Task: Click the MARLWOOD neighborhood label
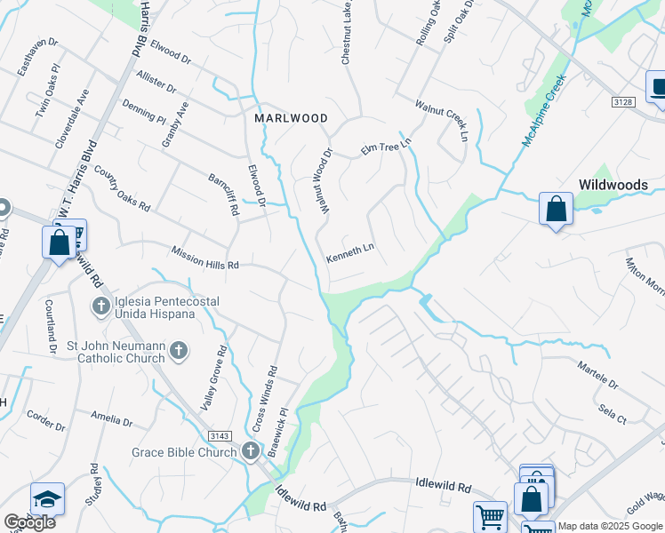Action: pos(291,118)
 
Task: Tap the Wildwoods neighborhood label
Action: pos(613,185)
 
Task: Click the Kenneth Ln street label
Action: pos(350,255)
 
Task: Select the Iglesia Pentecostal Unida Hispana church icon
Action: pos(100,307)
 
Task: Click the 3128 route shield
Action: pos(623,103)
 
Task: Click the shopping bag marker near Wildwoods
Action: pos(556,210)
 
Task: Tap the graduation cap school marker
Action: pos(47,499)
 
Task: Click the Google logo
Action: pos(29,522)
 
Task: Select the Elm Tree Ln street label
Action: pos(387,147)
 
